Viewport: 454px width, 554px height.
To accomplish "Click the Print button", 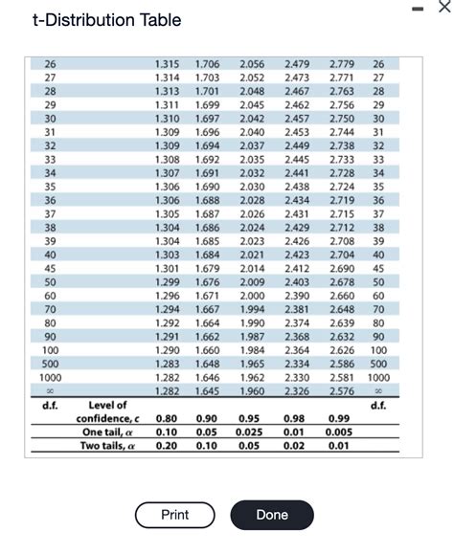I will tap(174, 515).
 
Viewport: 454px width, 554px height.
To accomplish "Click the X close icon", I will tap(441, 7).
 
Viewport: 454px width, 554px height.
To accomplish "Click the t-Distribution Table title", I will tap(105, 20).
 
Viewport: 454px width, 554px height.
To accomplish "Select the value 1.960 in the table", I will tap(253, 391).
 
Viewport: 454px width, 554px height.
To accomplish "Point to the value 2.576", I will tap(340, 391).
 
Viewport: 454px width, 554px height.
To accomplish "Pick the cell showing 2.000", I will tap(253, 298).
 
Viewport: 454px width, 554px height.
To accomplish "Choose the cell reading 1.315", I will tap(167, 63).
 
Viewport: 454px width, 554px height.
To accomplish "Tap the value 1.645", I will tap(207, 391).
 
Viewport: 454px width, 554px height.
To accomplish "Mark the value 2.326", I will tap(297, 391).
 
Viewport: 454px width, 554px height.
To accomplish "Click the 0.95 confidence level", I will tap(249, 419).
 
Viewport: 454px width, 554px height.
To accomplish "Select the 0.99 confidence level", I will tap(337, 419).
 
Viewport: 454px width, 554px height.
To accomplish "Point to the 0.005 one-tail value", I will tap(337, 432).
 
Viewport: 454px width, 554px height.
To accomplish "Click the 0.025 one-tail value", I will tap(249, 432).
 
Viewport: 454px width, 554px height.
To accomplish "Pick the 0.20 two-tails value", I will tap(166, 445).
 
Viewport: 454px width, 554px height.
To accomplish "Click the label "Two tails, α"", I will tap(107, 445).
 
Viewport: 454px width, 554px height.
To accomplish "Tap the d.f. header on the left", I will tap(50, 406).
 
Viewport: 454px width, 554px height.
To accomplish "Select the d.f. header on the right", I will tap(378, 406).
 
